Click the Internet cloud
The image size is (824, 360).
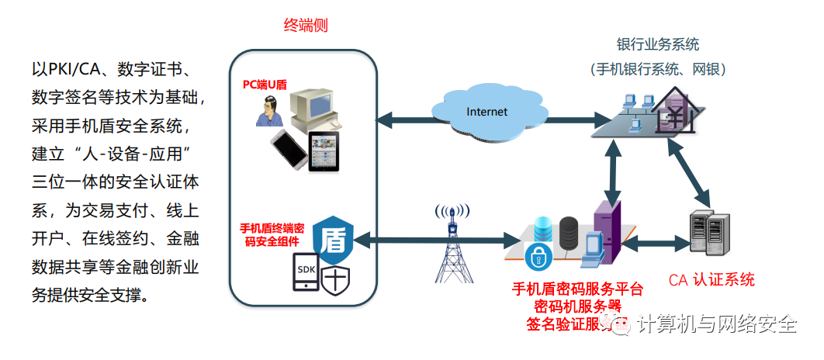point(486,112)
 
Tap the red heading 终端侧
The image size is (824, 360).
point(305,25)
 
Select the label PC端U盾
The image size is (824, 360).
point(264,84)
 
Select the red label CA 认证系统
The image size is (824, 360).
point(711,280)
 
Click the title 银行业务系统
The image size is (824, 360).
point(658,44)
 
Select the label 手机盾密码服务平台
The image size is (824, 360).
point(577,289)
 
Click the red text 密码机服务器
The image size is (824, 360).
point(577,306)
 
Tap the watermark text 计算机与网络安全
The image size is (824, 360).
point(716,324)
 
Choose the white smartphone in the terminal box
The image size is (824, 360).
point(289,150)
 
